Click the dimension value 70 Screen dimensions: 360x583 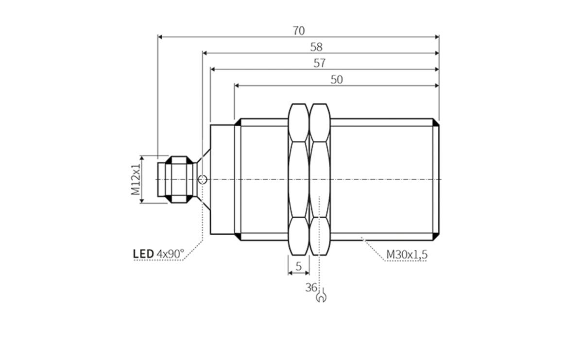click(x=299, y=31)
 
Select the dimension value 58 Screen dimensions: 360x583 click(x=316, y=47)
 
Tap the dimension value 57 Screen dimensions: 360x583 click(x=319, y=63)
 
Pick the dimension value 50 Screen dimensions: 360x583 click(x=337, y=80)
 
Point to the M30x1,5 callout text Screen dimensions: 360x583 click(x=407, y=254)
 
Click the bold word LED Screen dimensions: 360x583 click(x=143, y=254)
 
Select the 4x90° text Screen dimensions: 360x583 click(x=171, y=254)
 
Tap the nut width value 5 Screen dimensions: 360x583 click(x=299, y=266)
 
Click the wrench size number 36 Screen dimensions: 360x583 click(x=311, y=287)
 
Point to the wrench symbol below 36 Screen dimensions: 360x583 click(x=321, y=296)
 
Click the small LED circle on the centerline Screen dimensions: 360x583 click(x=202, y=180)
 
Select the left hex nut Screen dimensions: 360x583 click(x=298, y=179)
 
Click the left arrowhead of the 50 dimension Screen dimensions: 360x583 click(x=237, y=86)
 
